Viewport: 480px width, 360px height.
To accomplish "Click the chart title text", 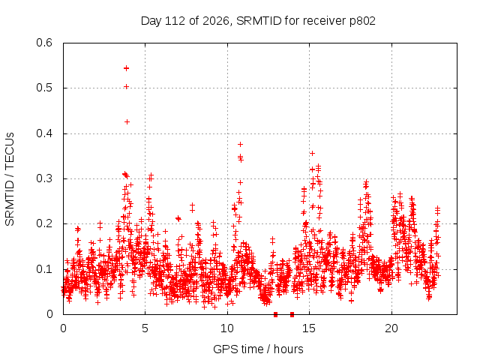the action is [x=258, y=21].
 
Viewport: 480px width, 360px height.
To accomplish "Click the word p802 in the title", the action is [x=362, y=22].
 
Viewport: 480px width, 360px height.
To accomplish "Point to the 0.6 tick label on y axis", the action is [x=44, y=43].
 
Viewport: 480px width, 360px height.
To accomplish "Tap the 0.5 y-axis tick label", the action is [x=44, y=88].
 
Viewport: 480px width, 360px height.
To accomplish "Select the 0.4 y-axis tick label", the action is [x=44, y=133].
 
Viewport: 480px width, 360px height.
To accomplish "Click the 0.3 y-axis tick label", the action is [x=44, y=178].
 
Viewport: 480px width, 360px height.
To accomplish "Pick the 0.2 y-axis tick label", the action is [x=44, y=223].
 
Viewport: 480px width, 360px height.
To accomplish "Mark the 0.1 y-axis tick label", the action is [x=44, y=269].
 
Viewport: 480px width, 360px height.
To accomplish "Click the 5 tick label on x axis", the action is [x=145, y=328].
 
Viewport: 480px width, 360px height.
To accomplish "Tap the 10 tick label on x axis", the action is [x=227, y=328].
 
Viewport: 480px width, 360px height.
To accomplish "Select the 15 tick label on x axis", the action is [x=309, y=328].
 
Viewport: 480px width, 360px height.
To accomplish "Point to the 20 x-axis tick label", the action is [x=391, y=328].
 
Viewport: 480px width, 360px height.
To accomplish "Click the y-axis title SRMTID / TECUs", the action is [x=10, y=179].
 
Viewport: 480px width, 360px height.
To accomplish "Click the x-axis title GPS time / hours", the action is [x=258, y=349].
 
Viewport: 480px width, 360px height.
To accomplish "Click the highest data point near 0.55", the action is [x=127, y=68].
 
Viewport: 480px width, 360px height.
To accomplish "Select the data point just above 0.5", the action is [x=127, y=87].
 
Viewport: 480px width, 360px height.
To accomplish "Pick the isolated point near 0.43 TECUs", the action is [x=127, y=121].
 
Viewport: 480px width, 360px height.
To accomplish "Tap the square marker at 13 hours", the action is [x=275, y=314].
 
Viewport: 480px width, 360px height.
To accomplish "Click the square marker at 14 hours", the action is [x=292, y=314].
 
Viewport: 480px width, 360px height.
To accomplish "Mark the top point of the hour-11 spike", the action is [x=240, y=144].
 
